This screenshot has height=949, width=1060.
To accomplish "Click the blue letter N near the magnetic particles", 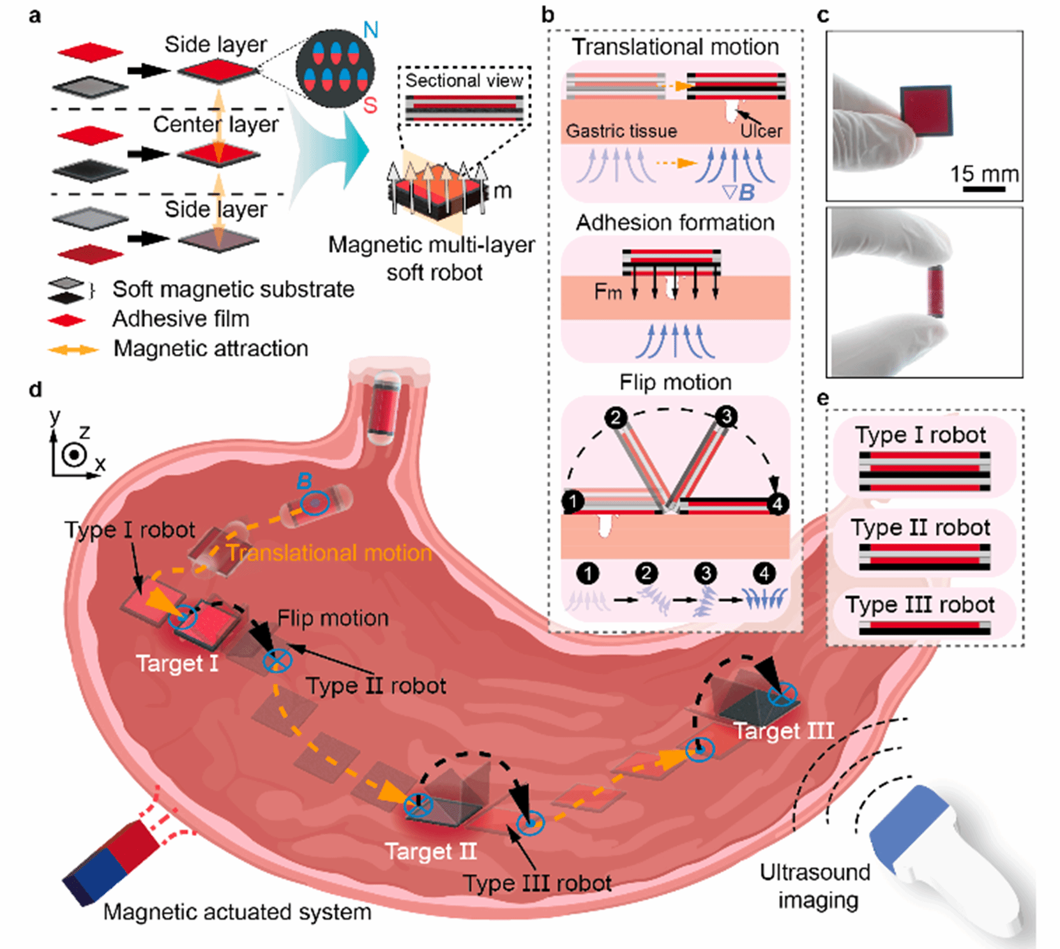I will click(x=370, y=29).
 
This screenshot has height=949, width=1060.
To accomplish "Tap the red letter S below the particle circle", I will click(x=370, y=105).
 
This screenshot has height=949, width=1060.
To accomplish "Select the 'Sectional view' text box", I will click(x=464, y=80).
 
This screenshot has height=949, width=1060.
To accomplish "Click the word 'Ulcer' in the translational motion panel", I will click(x=761, y=131).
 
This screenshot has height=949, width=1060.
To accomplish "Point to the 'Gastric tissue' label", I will click(x=621, y=131).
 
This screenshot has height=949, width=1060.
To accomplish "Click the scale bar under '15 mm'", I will click(x=984, y=189).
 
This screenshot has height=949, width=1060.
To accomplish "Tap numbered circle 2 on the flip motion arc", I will click(x=616, y=418).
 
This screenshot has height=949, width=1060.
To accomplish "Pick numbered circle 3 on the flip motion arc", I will click(x=726, y=417).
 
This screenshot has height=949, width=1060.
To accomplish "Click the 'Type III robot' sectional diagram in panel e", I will click(x=925, y=628).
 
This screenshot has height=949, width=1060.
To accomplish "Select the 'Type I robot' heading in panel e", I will click(x=921, y=435).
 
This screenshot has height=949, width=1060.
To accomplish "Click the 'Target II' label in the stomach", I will click(x=430, y=851).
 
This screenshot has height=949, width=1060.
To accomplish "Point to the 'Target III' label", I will click(x=784, y=731).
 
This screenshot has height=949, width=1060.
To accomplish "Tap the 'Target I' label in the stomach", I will click(x=177, y=664).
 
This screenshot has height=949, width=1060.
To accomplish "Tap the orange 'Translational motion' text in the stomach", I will click(x=329, y=553).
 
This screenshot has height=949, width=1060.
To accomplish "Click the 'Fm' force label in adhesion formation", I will click(x=607, y=292).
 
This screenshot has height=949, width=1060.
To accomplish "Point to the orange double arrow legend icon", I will click(x=73, y=350).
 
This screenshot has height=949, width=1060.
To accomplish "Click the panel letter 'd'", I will click(x=36, y=389).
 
